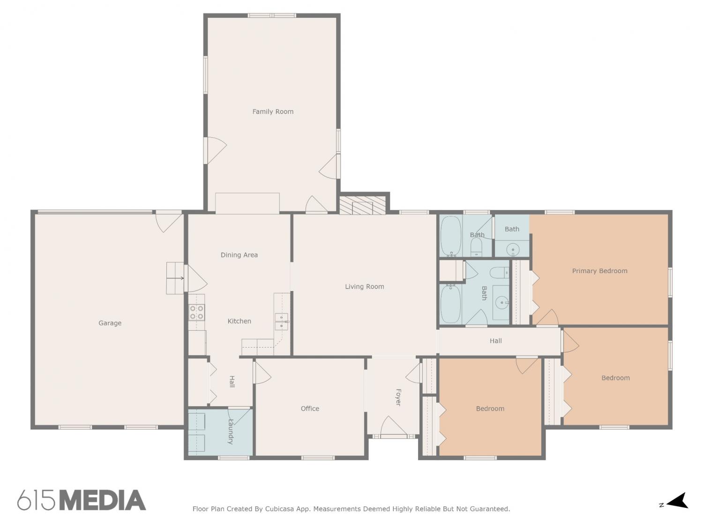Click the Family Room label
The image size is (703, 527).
tap(273, 111)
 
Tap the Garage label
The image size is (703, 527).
tap(110, 323)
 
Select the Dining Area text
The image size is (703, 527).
tap(239, 255)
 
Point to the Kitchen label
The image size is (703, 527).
tap(239, 321)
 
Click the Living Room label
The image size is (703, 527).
tap(364, 287)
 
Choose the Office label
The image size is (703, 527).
tap(310, 408)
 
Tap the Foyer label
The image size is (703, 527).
tap(398, 397)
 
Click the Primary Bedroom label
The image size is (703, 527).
tap(599, 271)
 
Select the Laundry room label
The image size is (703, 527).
tap(230, 431)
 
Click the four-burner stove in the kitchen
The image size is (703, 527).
tap(196, 312)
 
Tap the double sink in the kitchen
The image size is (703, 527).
tap(281, 321)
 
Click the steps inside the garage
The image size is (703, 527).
tap(175, 278)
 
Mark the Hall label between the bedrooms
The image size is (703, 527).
tap(495, 341)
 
